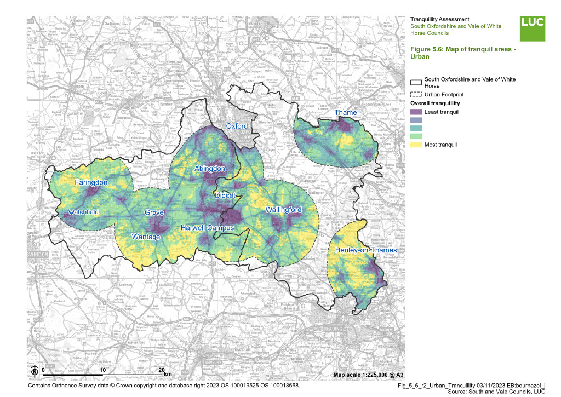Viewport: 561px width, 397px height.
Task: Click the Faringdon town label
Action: [91, 182]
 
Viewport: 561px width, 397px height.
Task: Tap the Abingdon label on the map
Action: [210, 169]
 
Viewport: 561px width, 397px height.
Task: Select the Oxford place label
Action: [237, 126]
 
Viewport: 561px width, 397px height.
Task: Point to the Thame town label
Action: [346, 113]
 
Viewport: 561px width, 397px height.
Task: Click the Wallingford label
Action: [283, 210]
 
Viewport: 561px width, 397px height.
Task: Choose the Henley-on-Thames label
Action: [358, 250]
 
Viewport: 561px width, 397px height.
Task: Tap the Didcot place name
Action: [225, 195]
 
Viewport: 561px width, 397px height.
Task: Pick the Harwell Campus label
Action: [208, 228]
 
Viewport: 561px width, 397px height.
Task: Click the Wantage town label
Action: [146, 237]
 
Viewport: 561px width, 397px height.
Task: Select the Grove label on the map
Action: [154, 212]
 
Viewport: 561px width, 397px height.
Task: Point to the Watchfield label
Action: [83, 212]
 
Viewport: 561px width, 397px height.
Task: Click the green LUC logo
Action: [533, 28]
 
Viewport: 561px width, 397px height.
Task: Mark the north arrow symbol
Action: [34, 371]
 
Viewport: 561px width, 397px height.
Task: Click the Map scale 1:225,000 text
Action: [368, 375]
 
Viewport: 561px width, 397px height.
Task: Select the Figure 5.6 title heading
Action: [463, 53]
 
